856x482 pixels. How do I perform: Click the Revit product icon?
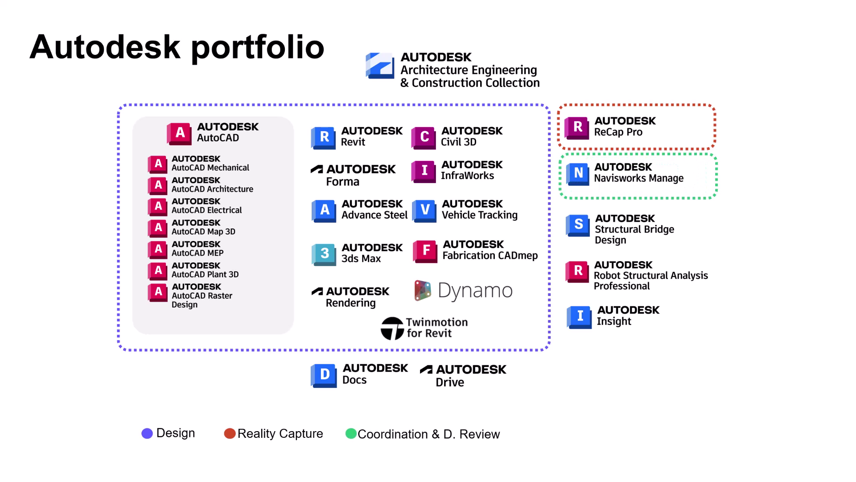(x=324, y=137)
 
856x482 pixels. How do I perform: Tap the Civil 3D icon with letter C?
(x=424, y=137)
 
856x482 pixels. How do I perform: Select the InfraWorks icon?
(x=424, y=171)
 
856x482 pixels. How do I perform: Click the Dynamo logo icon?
(x=422, y=291)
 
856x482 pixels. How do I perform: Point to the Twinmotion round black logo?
(x=392, y=328)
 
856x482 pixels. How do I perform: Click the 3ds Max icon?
(x=324, y=254)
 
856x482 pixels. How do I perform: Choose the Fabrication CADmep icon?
(x=425, y=251)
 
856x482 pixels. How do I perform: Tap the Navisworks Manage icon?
(x=578, y=173)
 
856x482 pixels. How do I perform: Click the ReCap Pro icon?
(x=577, y=127)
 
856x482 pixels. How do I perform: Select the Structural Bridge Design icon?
(x=578, y=225)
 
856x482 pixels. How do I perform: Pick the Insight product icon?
(x=579, y=316)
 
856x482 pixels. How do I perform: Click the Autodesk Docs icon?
(x=324, y=375)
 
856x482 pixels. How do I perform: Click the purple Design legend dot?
(x=147, y=433)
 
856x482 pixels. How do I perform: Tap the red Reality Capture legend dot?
(x=230, y=433)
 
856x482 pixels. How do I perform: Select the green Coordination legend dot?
(x=351, y=433)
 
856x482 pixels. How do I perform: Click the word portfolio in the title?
(x=257, y=47)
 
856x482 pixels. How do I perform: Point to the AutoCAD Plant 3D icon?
(x=158, y=270)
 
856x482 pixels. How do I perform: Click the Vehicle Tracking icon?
(x=424, y=210)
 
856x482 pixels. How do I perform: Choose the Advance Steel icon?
(x=324, y=210)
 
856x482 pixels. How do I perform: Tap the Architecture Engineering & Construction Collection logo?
(x=380, y=66)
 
